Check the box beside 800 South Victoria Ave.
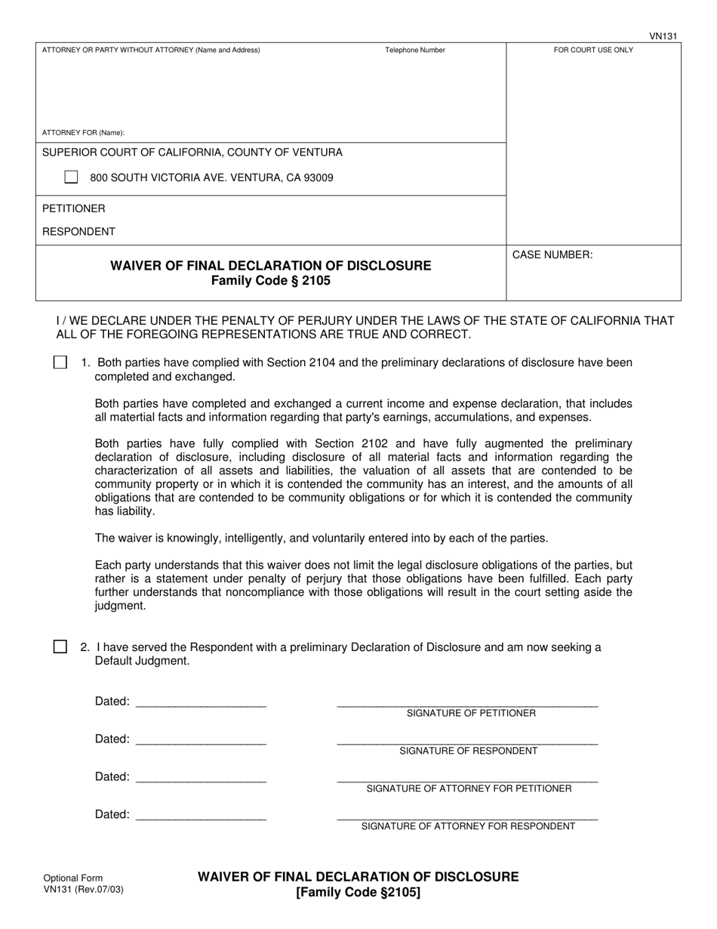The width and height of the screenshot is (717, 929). pyautogui.click(x=71, y=177)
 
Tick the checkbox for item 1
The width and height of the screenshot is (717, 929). pyautogui.click(x=60, y=363)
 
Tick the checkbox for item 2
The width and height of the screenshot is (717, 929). pyautogui.click(x=60, y=647)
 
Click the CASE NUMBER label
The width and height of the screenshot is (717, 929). pyautogui.click(x=552, y=255)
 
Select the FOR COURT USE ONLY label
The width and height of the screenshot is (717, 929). pyautogui.click(x=593, y=51)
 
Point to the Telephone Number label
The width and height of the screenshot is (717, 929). pyautogui.click(x=415, y=51)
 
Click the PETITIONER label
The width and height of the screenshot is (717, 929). pyautogui.click(x=73, y=208)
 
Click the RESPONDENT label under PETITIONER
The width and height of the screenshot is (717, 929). pyautogui.click(x=78, y=232)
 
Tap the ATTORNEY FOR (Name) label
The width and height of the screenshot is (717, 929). pyautogui.click(x=83, y=132)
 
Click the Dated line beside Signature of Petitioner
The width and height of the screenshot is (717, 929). pyautogui.click(x=201, y=702)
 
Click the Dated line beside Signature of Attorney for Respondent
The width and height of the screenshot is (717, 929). pyautogui.click(x=201, y=816)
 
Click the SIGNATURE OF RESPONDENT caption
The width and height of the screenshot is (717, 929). pyautogui.click(x=468, y=751)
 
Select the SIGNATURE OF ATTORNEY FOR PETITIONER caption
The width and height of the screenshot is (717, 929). pyautogui.click(x=469, y=789)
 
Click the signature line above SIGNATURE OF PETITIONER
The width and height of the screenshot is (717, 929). pyautogui.click(x=467, y=704)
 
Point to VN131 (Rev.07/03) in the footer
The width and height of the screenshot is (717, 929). pyautogui.click(x=83, y=889)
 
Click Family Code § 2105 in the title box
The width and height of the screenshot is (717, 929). pyautogui.click(x=270, y=281)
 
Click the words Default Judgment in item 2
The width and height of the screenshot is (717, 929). pyautogui.click(x=142, y=661)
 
